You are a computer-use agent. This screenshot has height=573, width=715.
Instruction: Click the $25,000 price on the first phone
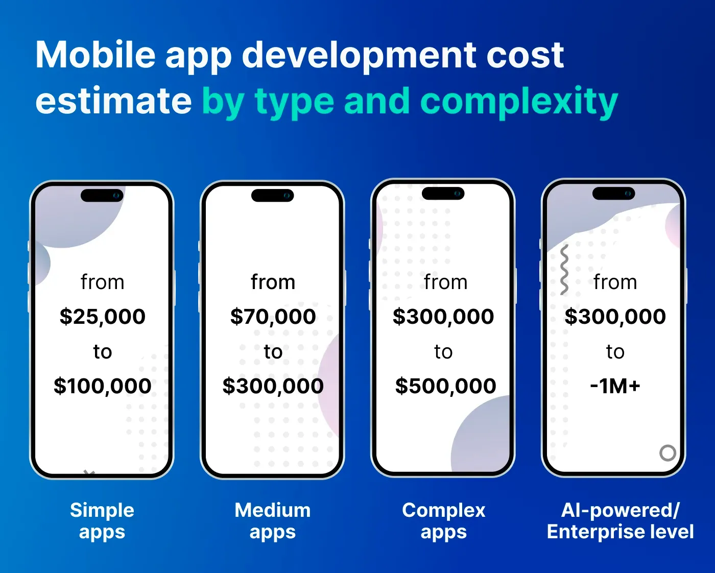coord(102,317)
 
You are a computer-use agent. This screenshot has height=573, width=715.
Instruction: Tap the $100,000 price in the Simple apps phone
coord(102,386)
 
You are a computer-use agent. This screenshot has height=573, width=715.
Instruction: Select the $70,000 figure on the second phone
coord(273,317)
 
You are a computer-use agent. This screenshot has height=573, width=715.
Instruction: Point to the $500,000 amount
coord(445,386)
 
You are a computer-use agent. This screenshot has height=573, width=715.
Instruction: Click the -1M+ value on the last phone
coord(615,386)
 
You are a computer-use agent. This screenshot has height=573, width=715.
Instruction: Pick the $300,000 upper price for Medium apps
coord(273,386)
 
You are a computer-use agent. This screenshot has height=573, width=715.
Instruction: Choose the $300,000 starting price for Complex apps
coord(443,317)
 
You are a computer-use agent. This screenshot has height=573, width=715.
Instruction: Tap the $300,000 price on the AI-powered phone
coord(615,317)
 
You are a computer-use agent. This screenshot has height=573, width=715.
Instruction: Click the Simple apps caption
coord(102,521)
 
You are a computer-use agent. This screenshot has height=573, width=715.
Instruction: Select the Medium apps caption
coord(273,521)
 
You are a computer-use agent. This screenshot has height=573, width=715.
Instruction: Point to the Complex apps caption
coord(443,521)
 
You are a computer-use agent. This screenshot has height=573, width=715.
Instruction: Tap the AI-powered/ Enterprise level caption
coord(620,521)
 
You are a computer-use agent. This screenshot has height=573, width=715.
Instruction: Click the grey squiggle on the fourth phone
coord(564,270)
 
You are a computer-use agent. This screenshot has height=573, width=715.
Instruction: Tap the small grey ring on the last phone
coord(668,452)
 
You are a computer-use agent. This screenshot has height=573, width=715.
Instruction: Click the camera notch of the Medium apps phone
coord(273,196)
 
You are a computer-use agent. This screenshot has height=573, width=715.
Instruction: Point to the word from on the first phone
coord(102,282)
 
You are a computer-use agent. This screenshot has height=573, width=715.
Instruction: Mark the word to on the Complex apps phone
coord(443,351)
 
